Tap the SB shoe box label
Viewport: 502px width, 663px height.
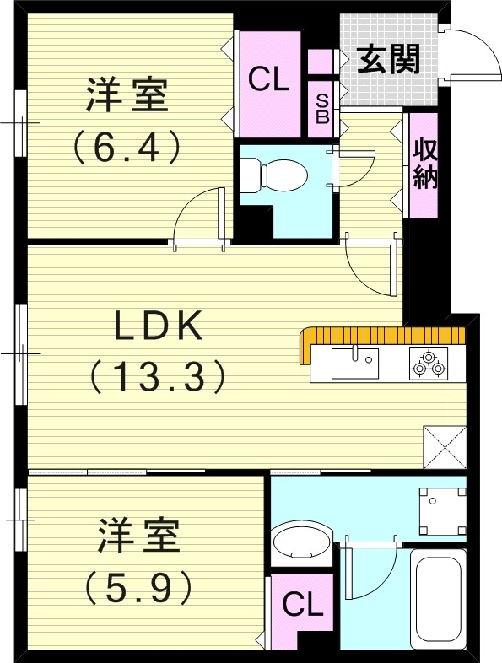tap(322, 106)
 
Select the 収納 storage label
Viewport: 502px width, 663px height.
tap(424, 164)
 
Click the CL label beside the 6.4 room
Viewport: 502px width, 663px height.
tap(269, 80)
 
